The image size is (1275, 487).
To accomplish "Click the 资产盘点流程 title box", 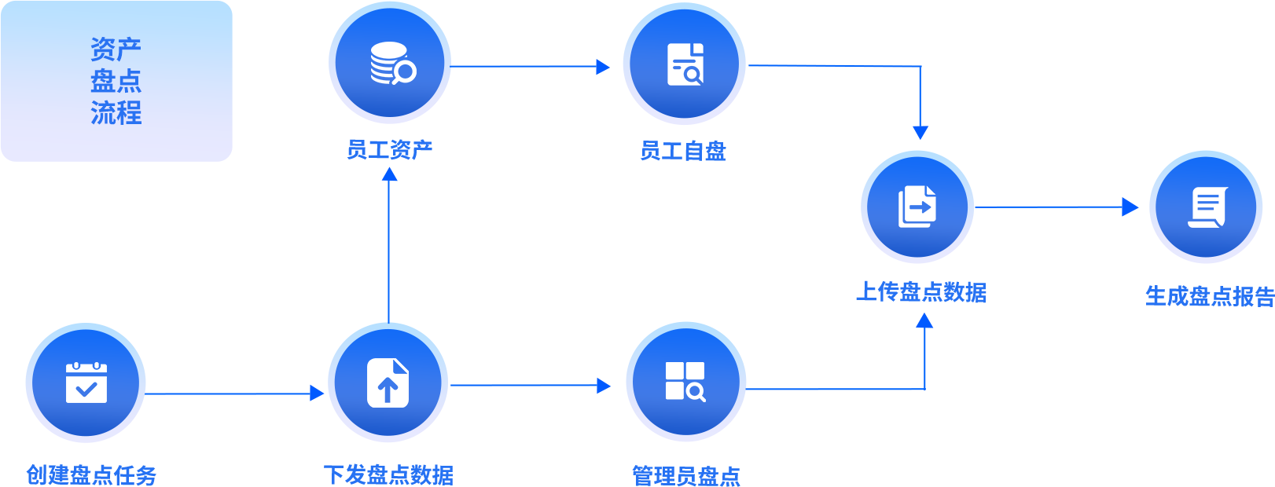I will pyautogui.click(x=116, y=81).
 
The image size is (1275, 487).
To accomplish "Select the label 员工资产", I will pyautogui.click(x=390, y=149).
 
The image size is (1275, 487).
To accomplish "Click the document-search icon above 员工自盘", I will pyautogui.click(x=685, y=64).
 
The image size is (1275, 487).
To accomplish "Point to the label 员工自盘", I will pyautogui.click(x=683, y=151).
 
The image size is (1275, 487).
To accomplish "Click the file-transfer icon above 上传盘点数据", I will pyautogui.click(x=917, y=207).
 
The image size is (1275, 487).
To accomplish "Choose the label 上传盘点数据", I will pyautogui.click(x=921, y=292).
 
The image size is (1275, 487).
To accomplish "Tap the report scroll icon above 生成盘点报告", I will pyautogui.click(x=1206, y=207).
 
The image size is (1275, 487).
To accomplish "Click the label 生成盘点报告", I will pyautogui.click(x=1209, y=296).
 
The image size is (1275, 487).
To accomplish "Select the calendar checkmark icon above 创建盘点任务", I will pyautogui.click(x=86, y=383).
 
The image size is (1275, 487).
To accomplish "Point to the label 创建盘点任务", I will pyautogui.click(x=91, y=474).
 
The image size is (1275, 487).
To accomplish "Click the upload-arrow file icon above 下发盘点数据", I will pyautogui.click(x=388, y=383).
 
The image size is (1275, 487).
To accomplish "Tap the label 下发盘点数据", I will pyautogui.click(x=388, y=474).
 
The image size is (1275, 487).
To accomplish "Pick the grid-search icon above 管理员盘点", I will pyautogui.click(x=685, y=382).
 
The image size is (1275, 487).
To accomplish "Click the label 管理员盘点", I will pyautogui.click(x=686, y=476).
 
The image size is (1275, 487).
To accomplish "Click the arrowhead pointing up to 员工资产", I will pyautogui.click(x=389, y=174).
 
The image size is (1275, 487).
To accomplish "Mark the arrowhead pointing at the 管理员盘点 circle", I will pyautogui.click(x=604, y=386).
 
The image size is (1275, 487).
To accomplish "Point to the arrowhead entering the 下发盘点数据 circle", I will pyautogui.click(x=317, y=393).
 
